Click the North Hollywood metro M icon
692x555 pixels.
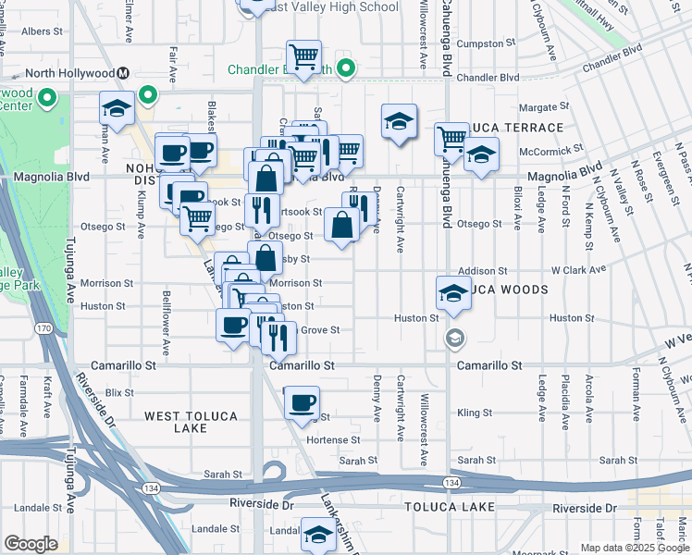[x=123, y=73]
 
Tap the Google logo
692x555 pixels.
[x=31, y=544]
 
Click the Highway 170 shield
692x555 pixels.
[x=43, y=327]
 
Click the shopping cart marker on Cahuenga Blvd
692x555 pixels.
[x=451, y=139]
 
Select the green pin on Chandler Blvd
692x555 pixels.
[x=346, y=68]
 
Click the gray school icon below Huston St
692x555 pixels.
[x=453, y=338]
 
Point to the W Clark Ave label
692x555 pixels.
[x=578, y=270]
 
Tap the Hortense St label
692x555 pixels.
[x=338, y=440]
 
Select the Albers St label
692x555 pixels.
[x=42, y=31]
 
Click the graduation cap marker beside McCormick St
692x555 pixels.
[x=481, y=154]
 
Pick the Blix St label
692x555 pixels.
[x=119, y=392]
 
